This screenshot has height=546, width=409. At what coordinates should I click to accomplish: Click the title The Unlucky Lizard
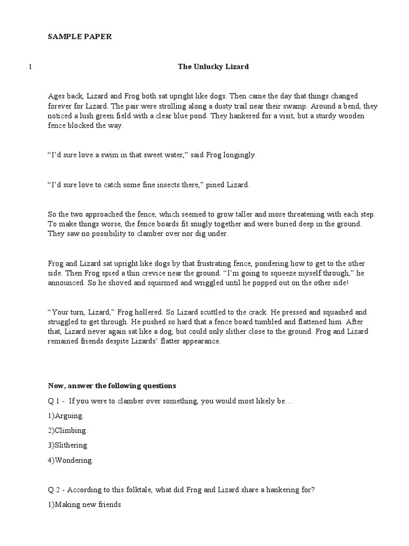tap(213, 67)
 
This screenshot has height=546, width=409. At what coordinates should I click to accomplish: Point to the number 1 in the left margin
tap(30, 67)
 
